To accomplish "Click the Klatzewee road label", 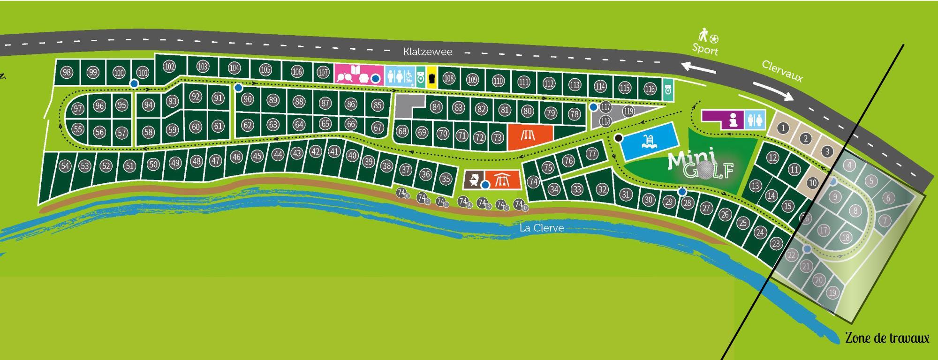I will point(428,52).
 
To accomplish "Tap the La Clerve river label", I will point(541,228).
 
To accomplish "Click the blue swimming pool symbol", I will point(649,141).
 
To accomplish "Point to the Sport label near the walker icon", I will point(705,49).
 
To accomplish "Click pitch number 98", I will point(67,72).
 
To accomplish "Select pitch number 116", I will point(650,89).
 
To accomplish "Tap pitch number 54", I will point(65,166).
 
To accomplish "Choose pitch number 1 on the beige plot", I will point(783,127).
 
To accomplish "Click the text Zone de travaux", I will point(887,338).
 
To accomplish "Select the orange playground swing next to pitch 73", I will point(530,136).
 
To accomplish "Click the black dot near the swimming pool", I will point(619,138).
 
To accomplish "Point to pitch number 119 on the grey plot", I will point(628,112).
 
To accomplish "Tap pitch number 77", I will point(592,154).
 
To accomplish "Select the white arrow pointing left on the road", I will point(698,69).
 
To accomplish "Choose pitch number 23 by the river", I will point(776,243).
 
